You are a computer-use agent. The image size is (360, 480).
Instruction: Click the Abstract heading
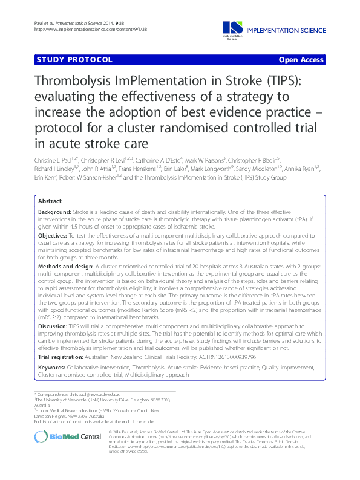(50, 201)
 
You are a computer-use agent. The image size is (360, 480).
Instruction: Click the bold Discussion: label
(53, 325)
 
